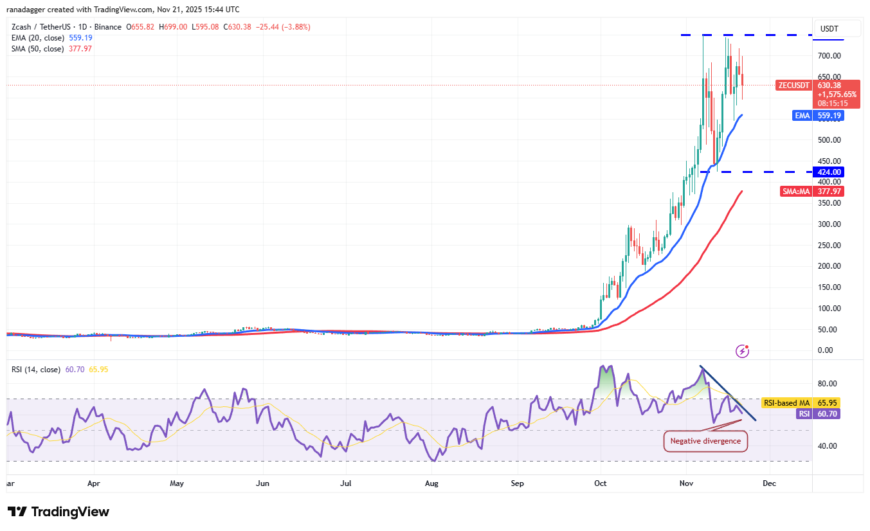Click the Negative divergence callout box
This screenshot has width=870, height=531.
click(705, 441)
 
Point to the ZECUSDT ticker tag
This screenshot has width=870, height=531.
click(793, 85)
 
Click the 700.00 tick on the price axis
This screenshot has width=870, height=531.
click(829, 57)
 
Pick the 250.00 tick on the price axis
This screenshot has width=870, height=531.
click(829, 246)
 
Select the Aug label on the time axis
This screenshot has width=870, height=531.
click(432, 482)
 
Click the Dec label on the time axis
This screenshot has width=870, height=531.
click(769, 482)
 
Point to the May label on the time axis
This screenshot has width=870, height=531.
click(177, 482)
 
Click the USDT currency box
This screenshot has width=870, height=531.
click(829, 28)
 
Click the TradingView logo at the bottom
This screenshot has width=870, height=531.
click(59, 512)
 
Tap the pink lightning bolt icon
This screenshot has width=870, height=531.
click(742, 351)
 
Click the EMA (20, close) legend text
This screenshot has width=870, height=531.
click(37, 38)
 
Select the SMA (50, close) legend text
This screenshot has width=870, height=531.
click(37, 49)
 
